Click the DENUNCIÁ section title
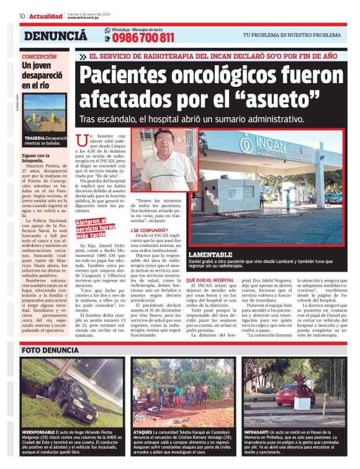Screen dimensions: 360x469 click(x=55, y=36)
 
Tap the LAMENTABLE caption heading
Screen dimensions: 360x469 click(x=210, y=255)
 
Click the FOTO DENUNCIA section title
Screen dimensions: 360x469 click(x=50, y=350)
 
